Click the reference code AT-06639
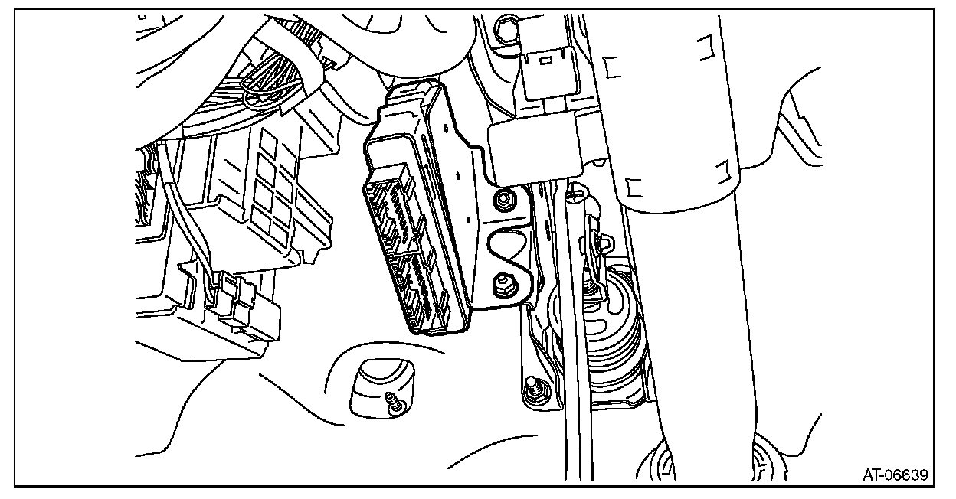[x=895, y=475]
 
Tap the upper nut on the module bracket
[x=505, y=200]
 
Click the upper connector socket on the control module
[x=395, y=214]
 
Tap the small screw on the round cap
[x=394, y=404]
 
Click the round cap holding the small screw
[x=382, y=388]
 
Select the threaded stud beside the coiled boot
[x=532, y=390]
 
